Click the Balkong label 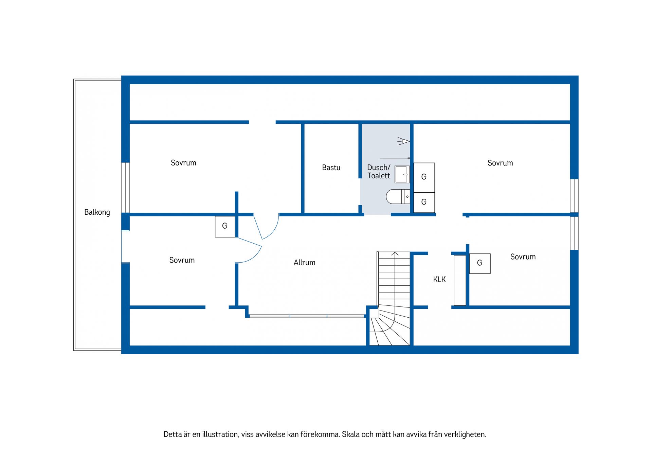(97, 212)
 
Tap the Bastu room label (331, 167)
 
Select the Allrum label (304, 262)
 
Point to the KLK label (439, 279)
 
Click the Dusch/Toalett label (379, 172)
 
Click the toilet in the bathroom (398, 197)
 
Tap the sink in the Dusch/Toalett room (402, 174)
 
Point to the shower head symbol (403, 141)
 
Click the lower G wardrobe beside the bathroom (424, 202)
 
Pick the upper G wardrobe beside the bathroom (424, 177)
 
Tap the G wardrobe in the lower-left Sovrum (225, 226)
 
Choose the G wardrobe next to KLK (480, 263)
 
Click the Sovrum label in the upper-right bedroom (500, 163)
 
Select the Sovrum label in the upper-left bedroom (183, 163)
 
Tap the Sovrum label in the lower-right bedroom (523, 257)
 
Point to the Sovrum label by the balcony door (182, 260)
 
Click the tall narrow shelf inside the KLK (460, 280)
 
